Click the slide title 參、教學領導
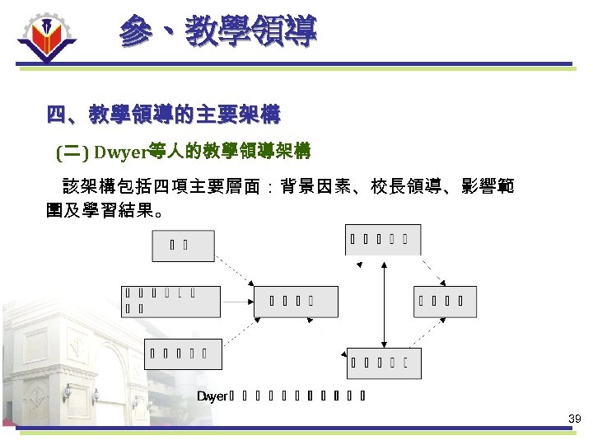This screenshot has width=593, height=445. click(x=217, y=32)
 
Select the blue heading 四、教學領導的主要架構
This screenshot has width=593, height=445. click(x=163, y=115)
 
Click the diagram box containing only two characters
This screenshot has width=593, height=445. click(x=183, y=246)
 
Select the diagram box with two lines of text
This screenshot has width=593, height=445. click(x=171, y=301)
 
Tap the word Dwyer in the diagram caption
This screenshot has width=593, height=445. click(x=212, y=396)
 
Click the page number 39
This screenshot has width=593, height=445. click(x=574, y=419)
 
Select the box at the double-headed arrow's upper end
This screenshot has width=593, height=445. click(x=382, y=240)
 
